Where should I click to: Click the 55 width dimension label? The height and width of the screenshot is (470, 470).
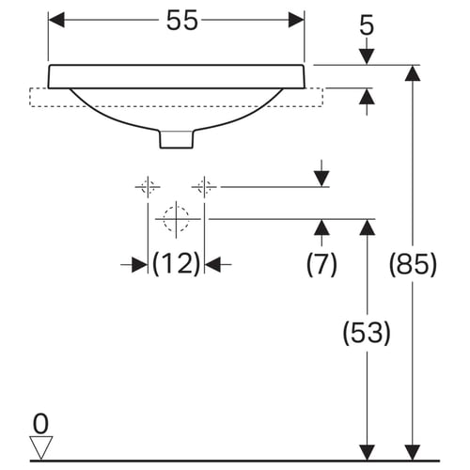click(182, 20)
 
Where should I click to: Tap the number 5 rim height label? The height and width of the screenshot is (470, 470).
click(367, 25)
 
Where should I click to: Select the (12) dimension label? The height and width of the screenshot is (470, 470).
click(176, 263)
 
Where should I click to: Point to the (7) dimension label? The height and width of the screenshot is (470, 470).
click(321, 264)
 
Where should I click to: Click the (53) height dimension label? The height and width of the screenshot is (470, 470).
click(367, 333)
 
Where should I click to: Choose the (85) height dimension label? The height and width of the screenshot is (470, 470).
click(413, 264)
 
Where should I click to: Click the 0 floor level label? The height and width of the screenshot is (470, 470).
click(40, 424)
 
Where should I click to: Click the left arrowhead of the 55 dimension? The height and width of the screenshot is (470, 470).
click(56, 20)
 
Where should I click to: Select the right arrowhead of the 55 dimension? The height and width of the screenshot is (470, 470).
click(296, 20)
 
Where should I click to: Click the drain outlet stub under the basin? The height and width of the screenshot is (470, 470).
click(177, 139)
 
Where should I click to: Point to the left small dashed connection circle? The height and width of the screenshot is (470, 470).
click(148, 187)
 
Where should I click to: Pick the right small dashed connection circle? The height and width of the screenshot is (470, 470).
click(204, 187)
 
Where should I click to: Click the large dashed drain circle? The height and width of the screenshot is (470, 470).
click(176, 219)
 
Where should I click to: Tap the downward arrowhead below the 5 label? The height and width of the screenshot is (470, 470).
click(367, 57)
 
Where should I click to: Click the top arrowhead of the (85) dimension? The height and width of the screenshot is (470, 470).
click(413, 73)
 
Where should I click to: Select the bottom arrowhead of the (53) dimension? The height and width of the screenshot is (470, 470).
click(367, 452)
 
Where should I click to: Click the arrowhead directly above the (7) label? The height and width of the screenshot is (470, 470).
click(321, 227)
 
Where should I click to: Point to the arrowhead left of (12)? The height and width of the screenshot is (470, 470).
click(140, 265)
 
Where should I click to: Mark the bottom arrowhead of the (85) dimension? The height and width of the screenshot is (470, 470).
click(413, 452)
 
